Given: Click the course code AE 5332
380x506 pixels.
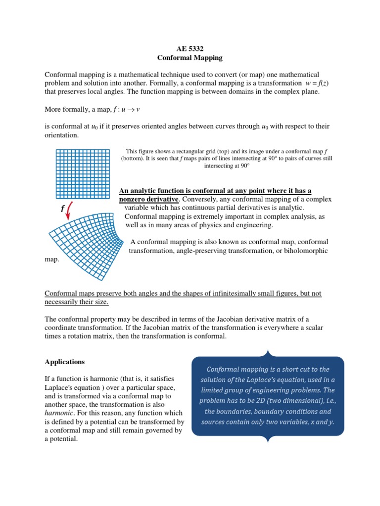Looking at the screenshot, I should [190, 48].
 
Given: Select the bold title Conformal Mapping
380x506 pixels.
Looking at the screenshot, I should [190, 58].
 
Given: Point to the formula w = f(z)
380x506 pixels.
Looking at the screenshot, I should [317, 83].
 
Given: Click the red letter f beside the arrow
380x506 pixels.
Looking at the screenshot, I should [63, 209].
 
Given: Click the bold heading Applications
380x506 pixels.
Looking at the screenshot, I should [65, 362].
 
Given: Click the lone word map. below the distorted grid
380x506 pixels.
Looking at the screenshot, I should [51, 259].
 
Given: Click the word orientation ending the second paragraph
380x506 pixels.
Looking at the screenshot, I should [61, 135].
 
